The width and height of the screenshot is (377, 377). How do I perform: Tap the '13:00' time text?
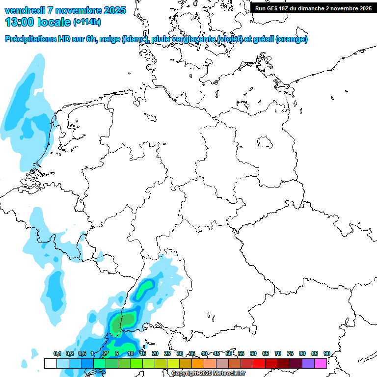point(19,22)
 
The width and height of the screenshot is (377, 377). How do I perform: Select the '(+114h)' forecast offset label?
point(87,22)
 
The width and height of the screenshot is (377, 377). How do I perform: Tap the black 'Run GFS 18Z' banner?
point(313,8)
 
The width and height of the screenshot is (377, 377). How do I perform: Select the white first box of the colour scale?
point(50,363)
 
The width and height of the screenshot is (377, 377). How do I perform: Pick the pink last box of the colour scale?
point(321,363)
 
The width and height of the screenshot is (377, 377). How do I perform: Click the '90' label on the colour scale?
point(326,353)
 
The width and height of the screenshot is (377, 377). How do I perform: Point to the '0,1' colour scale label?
point(57,353)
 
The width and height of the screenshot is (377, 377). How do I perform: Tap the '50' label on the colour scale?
point(229,353)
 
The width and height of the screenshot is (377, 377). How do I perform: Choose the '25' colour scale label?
point(167,353)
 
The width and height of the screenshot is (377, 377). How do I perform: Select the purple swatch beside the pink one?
point(308,363)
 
